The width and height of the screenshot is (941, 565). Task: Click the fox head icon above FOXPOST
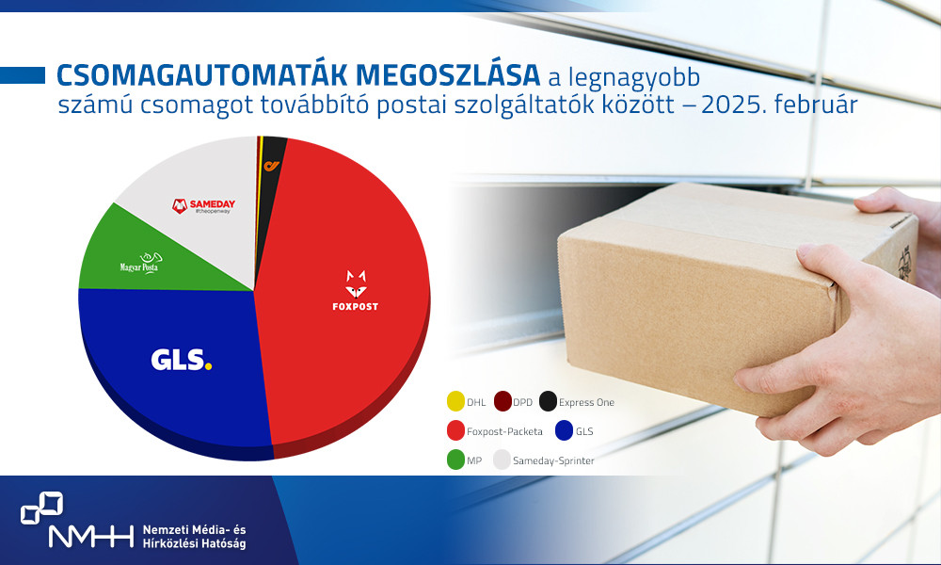(x=356, y=280)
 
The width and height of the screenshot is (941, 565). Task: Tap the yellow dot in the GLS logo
(x=208, y=365)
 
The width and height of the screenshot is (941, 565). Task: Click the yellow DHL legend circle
(x=455, y=402)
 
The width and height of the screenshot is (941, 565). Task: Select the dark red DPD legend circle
(x=502, y=402)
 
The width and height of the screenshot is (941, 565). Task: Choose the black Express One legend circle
(x=549, y=402)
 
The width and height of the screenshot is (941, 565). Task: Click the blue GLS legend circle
(x=565, y=431)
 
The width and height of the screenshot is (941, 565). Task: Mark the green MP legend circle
(x=455, y=460)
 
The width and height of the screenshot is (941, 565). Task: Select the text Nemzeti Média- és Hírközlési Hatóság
(x=194, y=538)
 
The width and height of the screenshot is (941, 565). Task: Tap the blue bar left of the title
(x=23, y=74)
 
